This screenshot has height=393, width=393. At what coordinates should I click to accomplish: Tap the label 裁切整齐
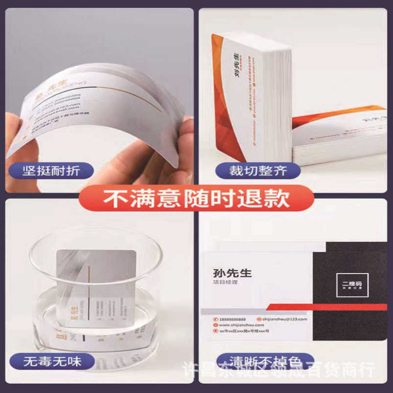click(258, 171)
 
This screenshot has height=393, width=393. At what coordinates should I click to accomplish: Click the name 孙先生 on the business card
click(232, 273)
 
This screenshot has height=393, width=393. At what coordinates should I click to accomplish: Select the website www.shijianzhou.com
click(238, 325)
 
